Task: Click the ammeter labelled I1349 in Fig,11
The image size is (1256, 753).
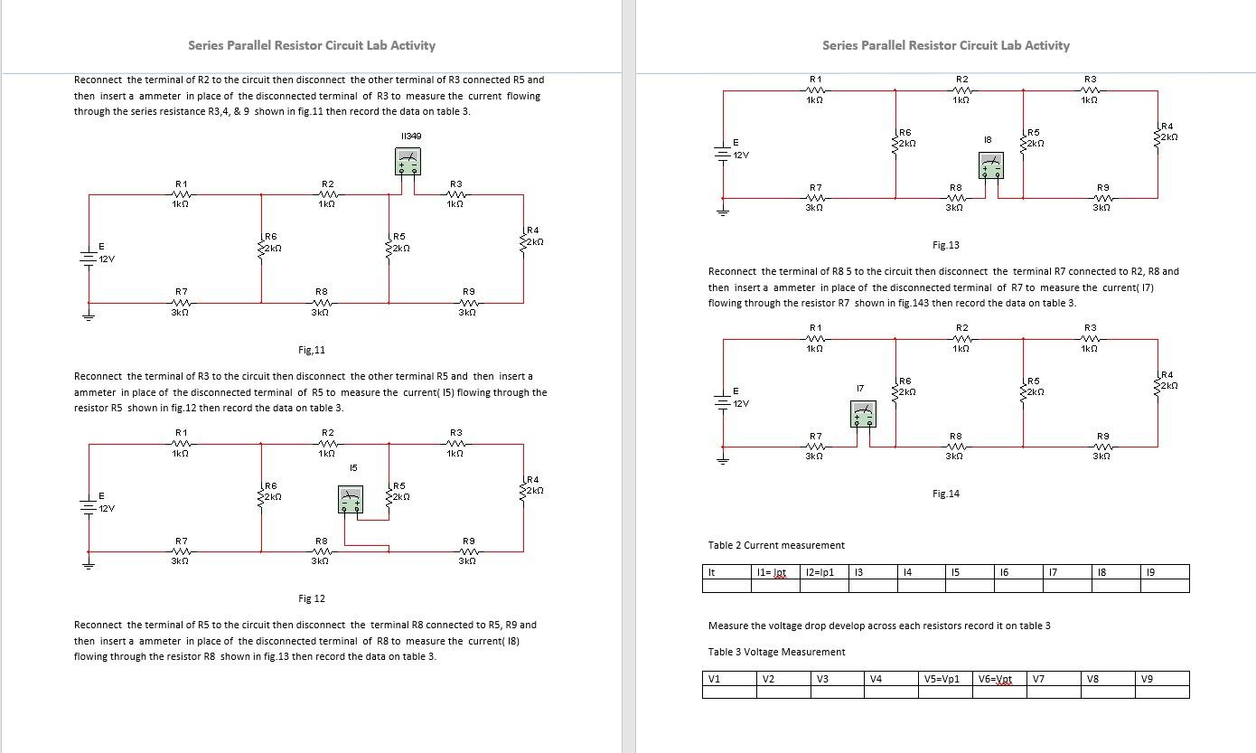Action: coord(408,162)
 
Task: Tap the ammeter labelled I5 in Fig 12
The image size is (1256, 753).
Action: coord(351,499)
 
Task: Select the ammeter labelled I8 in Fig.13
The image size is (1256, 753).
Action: coord(991,165)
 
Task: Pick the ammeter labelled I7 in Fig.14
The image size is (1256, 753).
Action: coord(863,413)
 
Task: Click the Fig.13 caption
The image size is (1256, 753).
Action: coord(946,245)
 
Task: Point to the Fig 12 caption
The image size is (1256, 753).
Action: coord(312,598)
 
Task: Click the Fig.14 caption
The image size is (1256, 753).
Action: coord(946,494)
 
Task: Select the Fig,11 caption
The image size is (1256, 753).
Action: coord(312,350)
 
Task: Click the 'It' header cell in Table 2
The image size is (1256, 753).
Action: coord(711,572)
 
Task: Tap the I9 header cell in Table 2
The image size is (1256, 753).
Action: coord(1149,572)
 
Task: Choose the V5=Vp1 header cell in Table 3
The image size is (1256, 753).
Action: coord(941,679)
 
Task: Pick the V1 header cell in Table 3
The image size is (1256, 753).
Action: coord(714,679)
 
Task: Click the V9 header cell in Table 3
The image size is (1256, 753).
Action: coord(1147,679)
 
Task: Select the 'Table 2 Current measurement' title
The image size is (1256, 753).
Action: coord(776,545)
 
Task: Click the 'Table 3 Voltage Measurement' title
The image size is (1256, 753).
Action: coord(777,652)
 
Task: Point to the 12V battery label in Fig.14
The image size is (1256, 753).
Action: coord(740,403)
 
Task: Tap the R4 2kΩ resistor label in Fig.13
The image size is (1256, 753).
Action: coord(1167,132)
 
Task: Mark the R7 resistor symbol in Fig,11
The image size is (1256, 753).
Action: coord(182,303)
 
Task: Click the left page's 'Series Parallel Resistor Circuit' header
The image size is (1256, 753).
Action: coord(312,45)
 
